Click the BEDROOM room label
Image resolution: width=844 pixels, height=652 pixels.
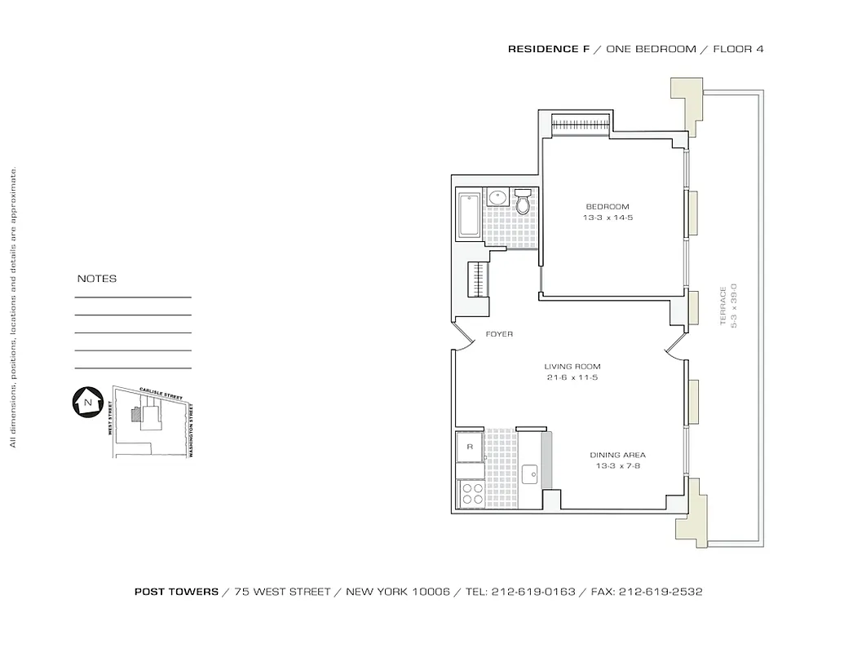(x=608, y=207)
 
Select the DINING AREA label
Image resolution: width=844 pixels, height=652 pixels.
(x=617, y=456)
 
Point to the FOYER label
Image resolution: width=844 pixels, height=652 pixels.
(x=499, y=335)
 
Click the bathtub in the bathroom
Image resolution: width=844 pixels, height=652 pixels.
(x=469, y=216)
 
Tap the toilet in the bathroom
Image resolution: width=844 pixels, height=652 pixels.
(x=523, y=200)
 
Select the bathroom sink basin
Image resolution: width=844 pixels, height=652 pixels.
(x=497, y=197)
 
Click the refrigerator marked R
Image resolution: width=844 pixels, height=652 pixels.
(x=469, y=447)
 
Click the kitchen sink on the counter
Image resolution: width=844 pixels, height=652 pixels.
(x=529, y=472)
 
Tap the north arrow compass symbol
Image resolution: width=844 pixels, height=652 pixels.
(x=86, y=401)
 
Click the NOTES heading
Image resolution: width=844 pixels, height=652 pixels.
(x=97, y=279)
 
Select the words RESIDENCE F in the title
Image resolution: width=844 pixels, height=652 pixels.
(x=549, y=49)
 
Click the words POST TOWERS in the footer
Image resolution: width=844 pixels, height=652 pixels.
(x=176, y=592)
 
